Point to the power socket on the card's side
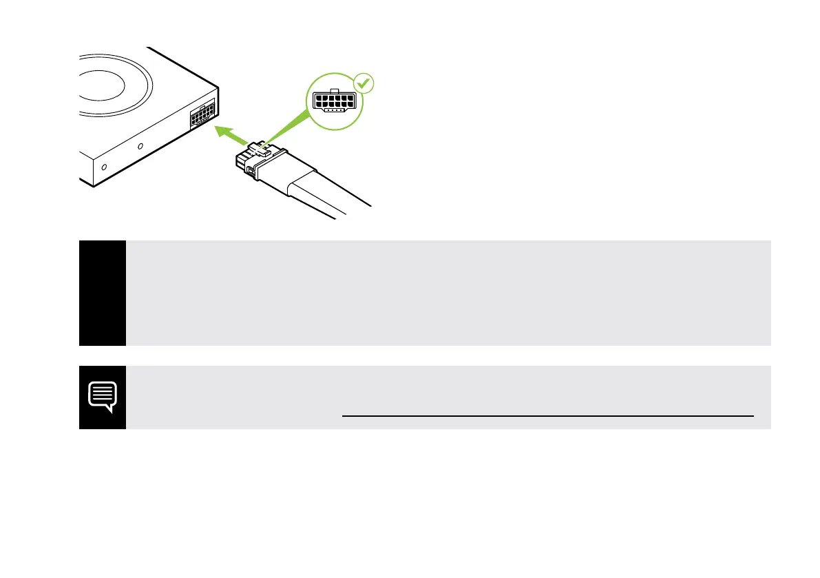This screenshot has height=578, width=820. click(202, 114)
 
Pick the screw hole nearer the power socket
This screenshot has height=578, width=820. click(141, 147)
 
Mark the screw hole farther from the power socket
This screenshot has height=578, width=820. click(104, 167)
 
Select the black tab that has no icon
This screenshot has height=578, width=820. click(103, 293)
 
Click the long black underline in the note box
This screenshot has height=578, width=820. click(547, 416)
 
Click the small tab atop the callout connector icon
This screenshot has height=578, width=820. click(333, 90)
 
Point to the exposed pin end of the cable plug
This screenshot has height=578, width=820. click(241, 163)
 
